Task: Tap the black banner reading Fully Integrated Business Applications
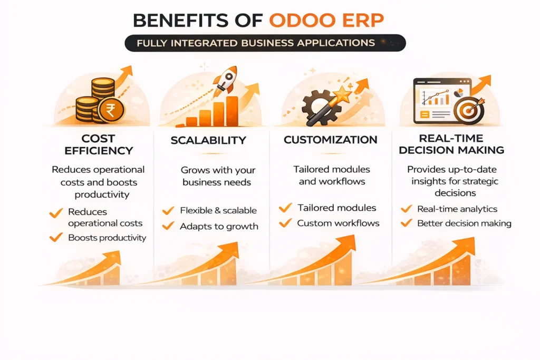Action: click(265, 43)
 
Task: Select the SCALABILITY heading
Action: click(208, 140)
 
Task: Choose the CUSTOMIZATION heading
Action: click(330, 140)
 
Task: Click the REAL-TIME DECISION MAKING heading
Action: click(451, 144)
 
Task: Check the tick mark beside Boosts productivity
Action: click(56, 238)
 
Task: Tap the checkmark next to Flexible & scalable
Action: click(168, 211)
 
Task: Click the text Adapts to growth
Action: click(219, 227)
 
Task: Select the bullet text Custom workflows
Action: click(338, 223)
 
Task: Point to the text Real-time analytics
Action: click(457, 209)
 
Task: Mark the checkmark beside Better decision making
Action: click(406, 223)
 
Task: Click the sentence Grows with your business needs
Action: click(217, 176)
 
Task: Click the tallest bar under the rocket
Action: click(232, 111)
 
